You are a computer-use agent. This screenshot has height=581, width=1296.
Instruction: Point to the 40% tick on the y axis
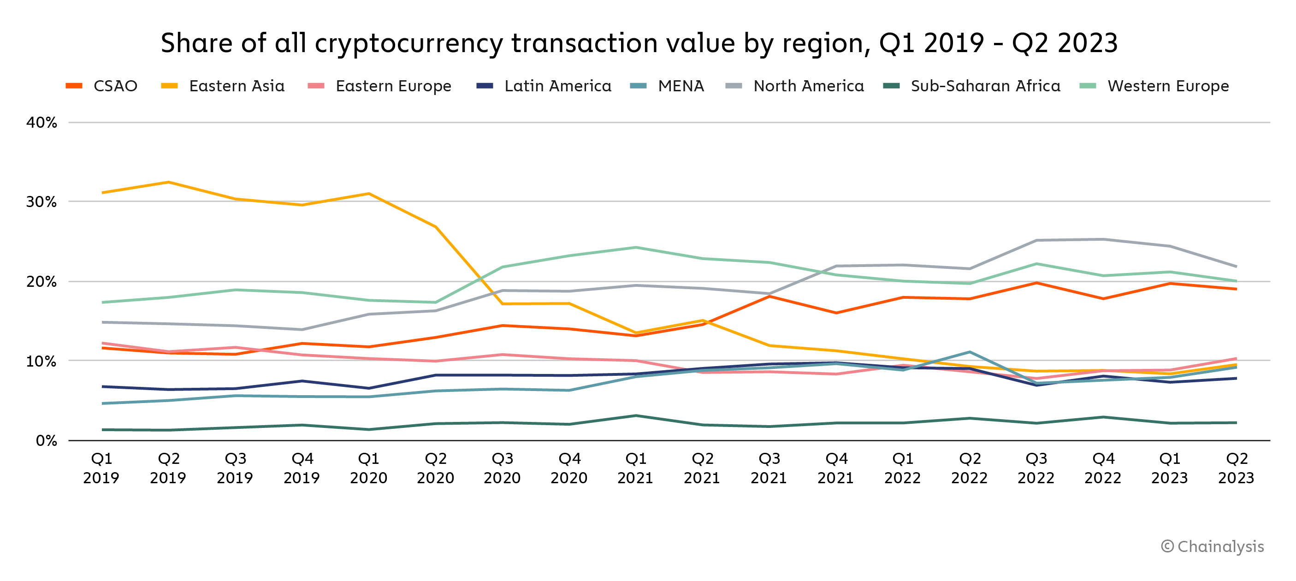(42, 122)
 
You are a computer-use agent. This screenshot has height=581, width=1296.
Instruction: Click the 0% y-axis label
(46, 441)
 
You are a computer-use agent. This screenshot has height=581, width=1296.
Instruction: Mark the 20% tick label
(42, 282)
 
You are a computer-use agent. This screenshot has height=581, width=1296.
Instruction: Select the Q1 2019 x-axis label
(101, 468)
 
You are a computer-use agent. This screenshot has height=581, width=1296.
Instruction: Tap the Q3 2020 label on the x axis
(502, 468)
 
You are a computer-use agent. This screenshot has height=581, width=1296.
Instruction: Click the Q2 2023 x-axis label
(1236, 468)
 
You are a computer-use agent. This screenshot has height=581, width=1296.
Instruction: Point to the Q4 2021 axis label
(836, 468)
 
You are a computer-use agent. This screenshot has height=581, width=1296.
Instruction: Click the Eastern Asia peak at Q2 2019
(169, 182)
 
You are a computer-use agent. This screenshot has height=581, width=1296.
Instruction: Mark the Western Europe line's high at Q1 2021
(636, 247)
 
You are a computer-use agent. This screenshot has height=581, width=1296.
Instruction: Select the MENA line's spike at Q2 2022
(970, 352)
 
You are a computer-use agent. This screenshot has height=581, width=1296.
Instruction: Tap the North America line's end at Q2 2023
(1236, 266)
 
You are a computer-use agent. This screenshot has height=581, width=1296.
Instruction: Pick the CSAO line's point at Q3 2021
(769, 296)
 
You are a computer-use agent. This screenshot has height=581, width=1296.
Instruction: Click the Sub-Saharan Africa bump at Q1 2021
(636, 415)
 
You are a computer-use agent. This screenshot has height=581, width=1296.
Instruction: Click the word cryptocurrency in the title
(408, 43)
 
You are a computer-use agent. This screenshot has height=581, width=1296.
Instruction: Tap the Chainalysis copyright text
(1213, 546)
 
